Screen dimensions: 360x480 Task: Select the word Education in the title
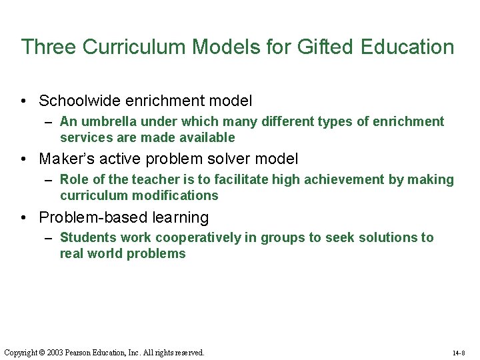pyautogui.click(x=407, y=47)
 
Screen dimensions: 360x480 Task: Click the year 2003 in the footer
pyautogui.click(x=55, y=352)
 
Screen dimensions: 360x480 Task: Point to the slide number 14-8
pyautogui.click(x=459, y=353)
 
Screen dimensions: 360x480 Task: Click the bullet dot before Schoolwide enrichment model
pyautogui.click(x=23, y=101)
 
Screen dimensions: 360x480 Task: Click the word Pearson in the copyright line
pyautogui.click(x=80, y=352)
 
